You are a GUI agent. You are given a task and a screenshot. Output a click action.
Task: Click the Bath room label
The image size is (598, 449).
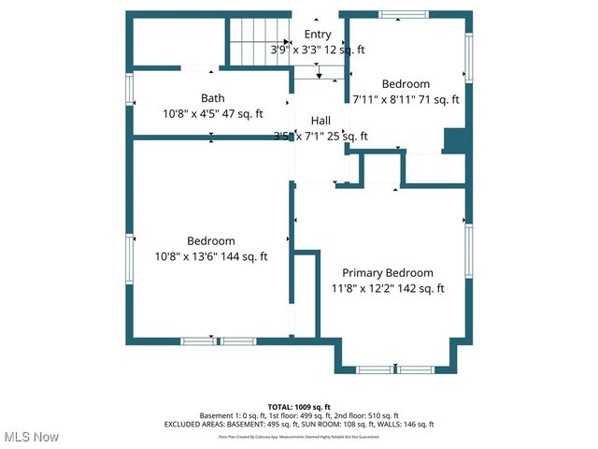213,97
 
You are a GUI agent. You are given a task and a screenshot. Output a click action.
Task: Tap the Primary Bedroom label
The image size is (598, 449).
387,272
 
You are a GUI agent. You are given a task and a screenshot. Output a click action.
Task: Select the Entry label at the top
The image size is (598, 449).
318,35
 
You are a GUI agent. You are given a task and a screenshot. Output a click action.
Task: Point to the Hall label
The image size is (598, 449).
320,121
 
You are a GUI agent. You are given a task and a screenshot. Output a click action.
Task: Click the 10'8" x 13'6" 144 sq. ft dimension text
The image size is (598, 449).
211,256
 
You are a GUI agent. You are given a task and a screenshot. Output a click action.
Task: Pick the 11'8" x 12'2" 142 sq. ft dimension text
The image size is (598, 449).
387,288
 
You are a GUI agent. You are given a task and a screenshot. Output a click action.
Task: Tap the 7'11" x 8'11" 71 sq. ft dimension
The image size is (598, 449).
406,99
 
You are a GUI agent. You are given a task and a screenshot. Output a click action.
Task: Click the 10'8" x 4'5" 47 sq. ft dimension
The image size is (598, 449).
213,113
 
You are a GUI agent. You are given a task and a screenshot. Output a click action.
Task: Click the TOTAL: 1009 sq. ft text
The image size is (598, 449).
299,407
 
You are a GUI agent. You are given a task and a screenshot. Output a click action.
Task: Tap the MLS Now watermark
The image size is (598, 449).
31,437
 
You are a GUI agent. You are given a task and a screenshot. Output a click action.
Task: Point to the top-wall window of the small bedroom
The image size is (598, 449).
405,14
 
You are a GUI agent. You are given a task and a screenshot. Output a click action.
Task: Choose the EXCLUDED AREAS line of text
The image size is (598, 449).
299,424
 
